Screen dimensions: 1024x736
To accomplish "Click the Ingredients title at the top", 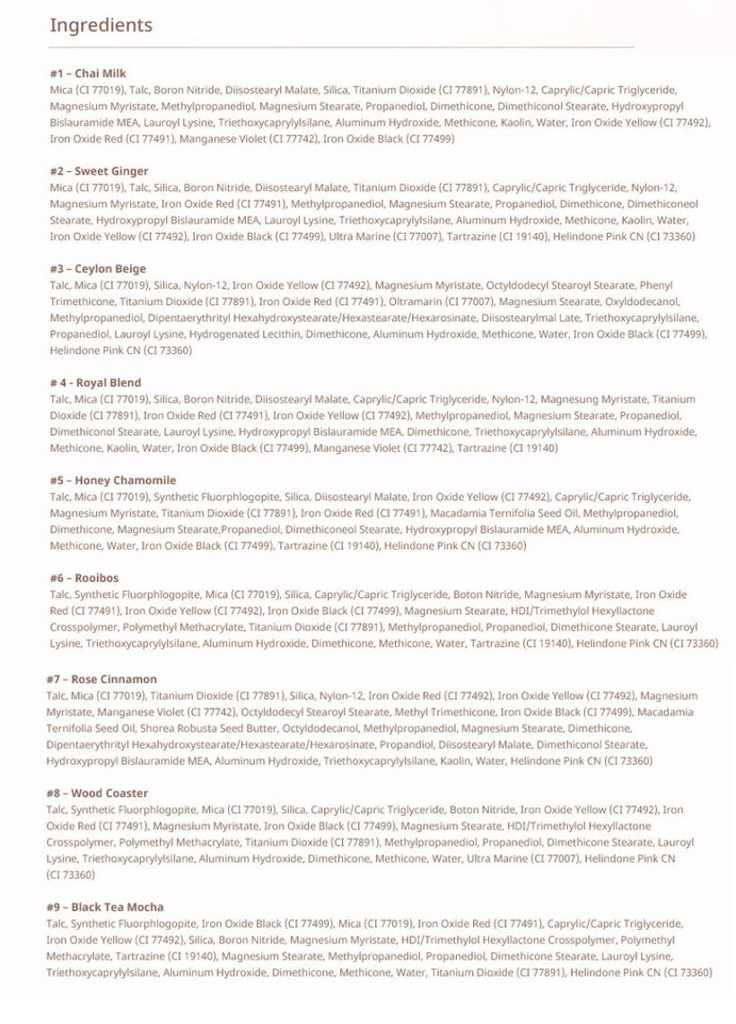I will pos(101,25).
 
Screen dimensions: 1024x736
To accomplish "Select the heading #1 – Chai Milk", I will pos(88,74).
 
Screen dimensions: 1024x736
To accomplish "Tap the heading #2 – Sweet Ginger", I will pos(99,171).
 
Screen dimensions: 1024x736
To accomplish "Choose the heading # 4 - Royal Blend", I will pos(95,383).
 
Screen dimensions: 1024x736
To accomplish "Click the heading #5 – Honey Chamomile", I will pos(112,481).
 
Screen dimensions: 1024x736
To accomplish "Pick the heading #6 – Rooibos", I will pos(83,578).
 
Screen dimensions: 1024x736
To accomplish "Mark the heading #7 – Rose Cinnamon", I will pos(101,680).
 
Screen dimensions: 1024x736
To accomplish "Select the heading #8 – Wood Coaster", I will pos(97,794).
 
